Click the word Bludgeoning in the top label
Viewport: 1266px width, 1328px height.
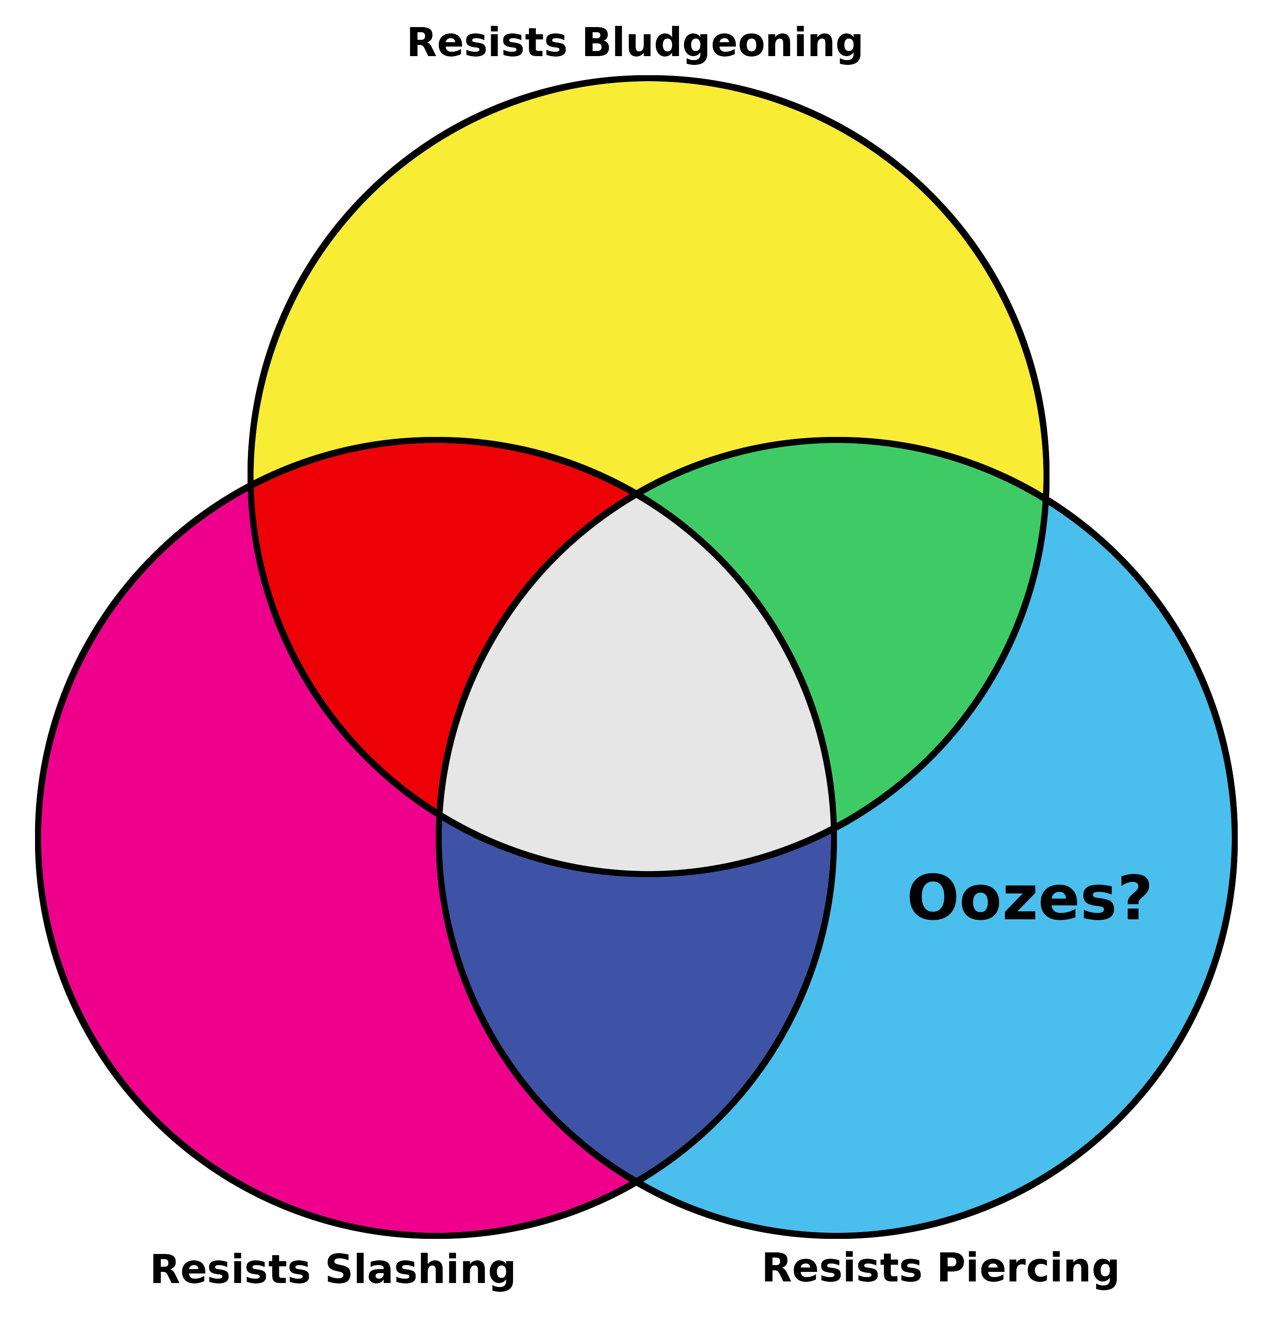click(x=722, y=44)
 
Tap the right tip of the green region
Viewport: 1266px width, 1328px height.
click(x=1045, y=500)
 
